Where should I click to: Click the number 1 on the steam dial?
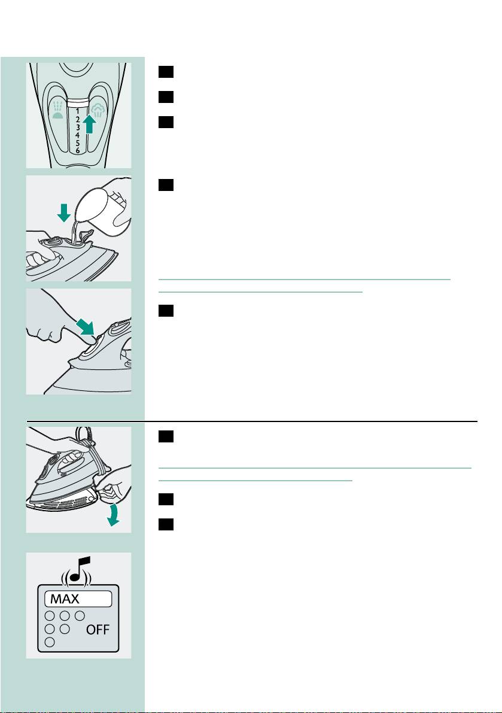tap(78, 111)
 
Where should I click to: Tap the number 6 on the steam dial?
tap(78, 150)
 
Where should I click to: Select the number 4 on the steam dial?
tap(78, 135)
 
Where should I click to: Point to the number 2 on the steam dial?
tap(78, 119)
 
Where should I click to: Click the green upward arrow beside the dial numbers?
tap(90, 124)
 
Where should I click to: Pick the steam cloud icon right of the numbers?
tap(98, 111)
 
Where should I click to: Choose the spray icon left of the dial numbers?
tap(57, 111)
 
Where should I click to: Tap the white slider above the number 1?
tap(78, 102)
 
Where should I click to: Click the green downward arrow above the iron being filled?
tap(63, 213)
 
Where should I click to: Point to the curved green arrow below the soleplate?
tap(114, 515)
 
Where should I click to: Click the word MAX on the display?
tap(65, 599)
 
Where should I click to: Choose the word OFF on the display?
tap(98, 630)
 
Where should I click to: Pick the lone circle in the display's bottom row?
tap(50, 642)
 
